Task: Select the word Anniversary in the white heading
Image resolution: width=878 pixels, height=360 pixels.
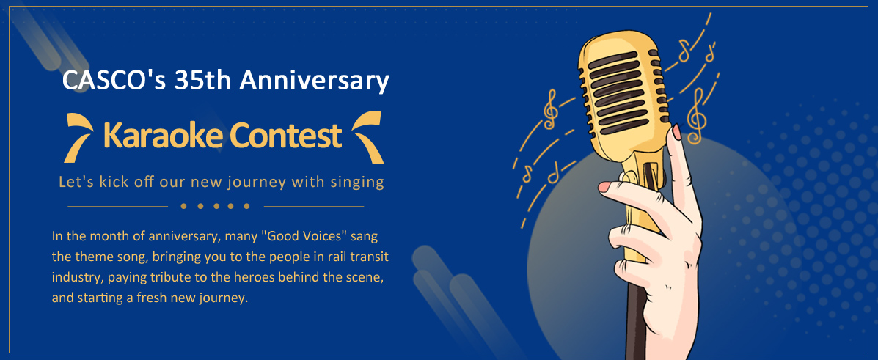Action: (x=314, y=81)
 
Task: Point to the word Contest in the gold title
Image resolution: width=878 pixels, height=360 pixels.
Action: (x=285, y=136)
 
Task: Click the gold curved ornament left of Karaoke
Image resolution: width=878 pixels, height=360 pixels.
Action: (x=78, y=137)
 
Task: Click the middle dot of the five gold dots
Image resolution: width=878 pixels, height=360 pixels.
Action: (x=215, y=206)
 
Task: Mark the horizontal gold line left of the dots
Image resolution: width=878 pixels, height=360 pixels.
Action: (x=117, y=206)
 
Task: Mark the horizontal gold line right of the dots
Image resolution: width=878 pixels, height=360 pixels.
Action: (x=314, y=206)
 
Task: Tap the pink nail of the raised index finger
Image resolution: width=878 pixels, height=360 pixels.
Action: (x=676, y=132)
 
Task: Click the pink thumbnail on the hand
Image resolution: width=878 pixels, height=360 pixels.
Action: (x=604, y=186)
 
